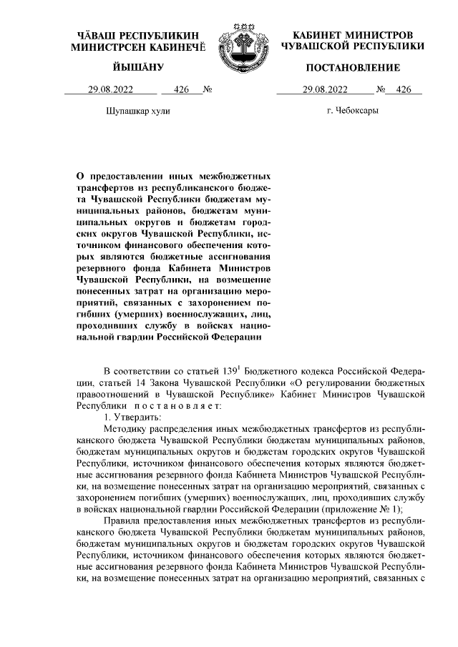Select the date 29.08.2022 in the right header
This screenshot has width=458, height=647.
coord(326,90)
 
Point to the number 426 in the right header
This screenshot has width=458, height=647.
coord(404,90)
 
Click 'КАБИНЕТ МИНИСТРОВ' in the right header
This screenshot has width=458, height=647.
coord(353,35)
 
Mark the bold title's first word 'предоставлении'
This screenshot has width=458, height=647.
coord(127,174)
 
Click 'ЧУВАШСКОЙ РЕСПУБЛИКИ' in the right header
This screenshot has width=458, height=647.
coord(353,46)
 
